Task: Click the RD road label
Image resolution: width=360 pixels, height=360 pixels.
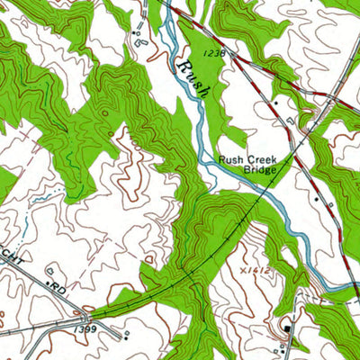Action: pos(59,290)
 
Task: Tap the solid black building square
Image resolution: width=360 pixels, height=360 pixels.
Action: pos(287,328)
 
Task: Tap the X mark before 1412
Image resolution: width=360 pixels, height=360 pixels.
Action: pos(246,244)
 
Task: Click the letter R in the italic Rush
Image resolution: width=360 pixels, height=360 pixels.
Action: pos(182,68)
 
